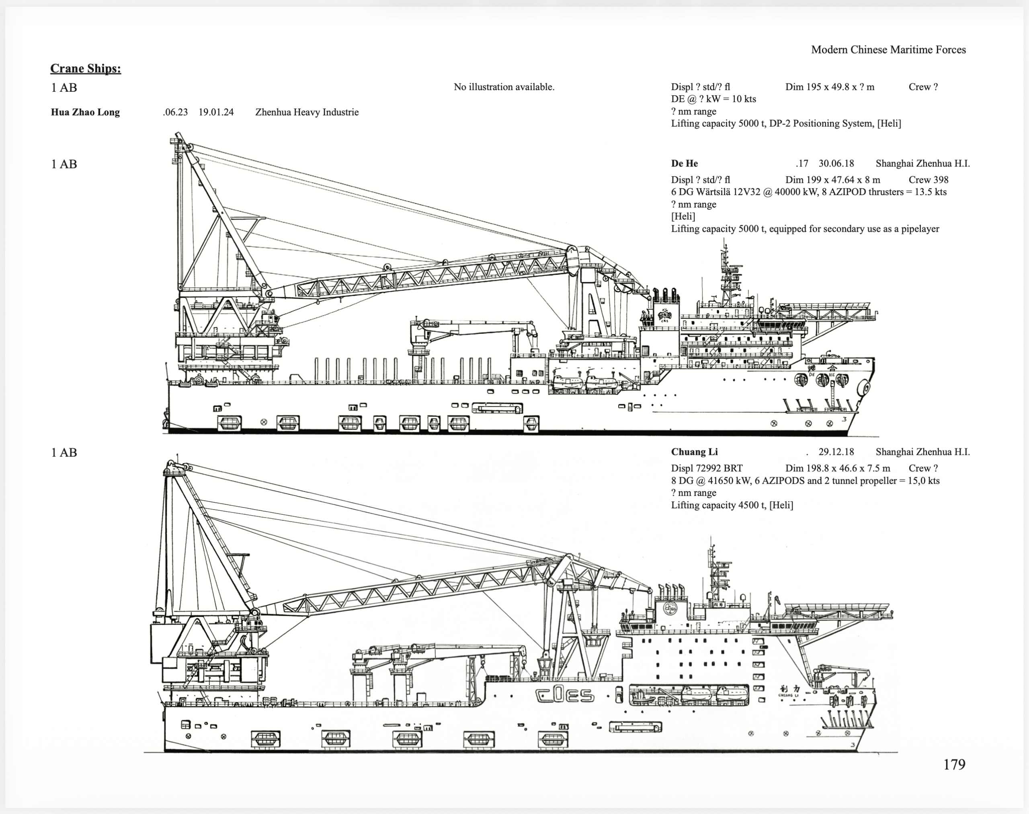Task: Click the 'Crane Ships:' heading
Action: click(86, 69)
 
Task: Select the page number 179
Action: click(954, 765)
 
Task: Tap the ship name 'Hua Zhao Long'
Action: click(85, 113)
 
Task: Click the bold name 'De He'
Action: click(684, 163)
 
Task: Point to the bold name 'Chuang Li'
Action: click(694, 452)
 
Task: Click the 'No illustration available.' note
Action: click(504, 87)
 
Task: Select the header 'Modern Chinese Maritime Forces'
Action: click(888, 49)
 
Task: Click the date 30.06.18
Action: click(836, 163)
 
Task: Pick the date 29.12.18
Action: click(836, 452)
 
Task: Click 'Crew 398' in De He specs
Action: click(929, 180)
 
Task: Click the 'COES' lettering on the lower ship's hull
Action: click(565, 696)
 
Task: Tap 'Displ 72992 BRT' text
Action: click(707, 469)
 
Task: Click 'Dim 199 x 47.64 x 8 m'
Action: click(832, 180)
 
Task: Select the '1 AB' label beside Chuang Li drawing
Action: click(64, 452)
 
